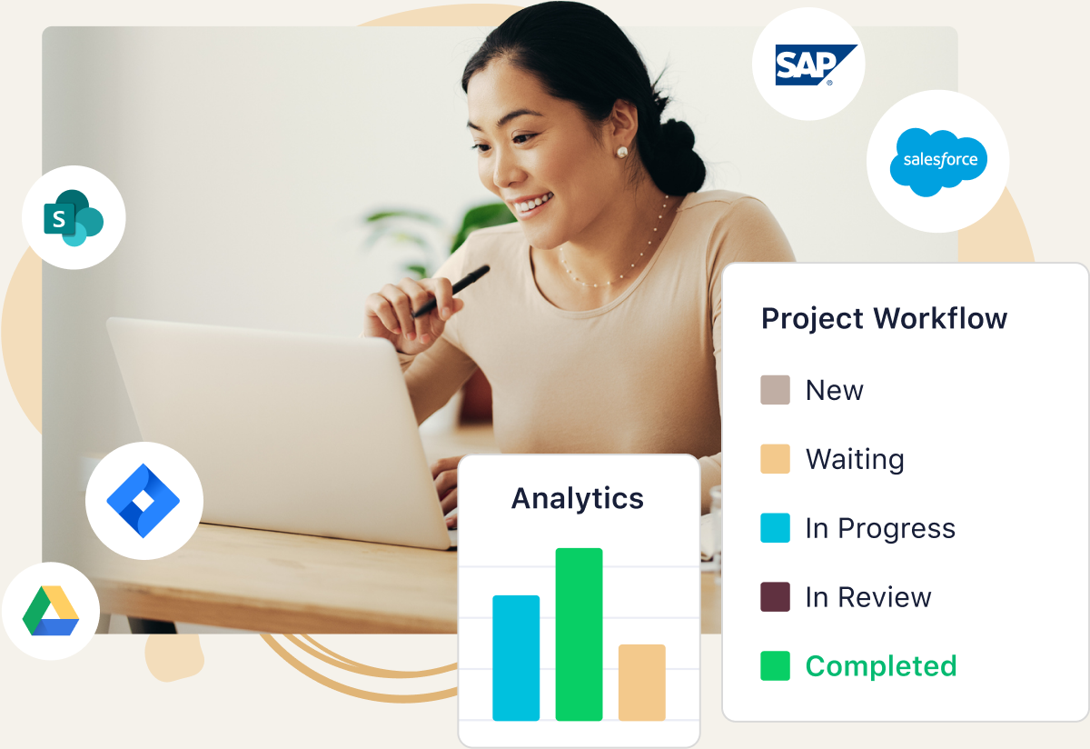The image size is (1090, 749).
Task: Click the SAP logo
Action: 816,65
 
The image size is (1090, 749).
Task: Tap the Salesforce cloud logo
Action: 938,162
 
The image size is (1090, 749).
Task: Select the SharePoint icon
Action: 74,217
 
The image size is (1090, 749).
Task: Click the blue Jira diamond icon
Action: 144,501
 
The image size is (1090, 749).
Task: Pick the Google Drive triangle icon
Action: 51,611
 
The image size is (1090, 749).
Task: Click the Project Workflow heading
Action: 884,319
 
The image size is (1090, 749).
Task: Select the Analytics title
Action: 578,499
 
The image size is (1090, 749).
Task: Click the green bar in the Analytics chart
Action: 580,634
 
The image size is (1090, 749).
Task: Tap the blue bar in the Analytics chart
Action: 516,658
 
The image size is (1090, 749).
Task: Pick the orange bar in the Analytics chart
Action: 642,683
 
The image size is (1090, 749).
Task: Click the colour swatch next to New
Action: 775,390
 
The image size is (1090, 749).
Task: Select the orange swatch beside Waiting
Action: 775,459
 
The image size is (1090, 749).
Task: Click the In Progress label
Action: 880,529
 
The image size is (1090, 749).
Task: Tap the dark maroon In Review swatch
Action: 775,596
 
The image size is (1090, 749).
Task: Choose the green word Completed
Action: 881,666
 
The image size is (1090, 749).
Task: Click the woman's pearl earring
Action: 622,152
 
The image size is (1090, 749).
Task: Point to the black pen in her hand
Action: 451,291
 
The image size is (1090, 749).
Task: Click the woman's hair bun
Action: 679,155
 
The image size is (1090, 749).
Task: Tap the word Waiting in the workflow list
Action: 855,460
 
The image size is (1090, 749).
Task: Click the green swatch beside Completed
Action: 775,665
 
